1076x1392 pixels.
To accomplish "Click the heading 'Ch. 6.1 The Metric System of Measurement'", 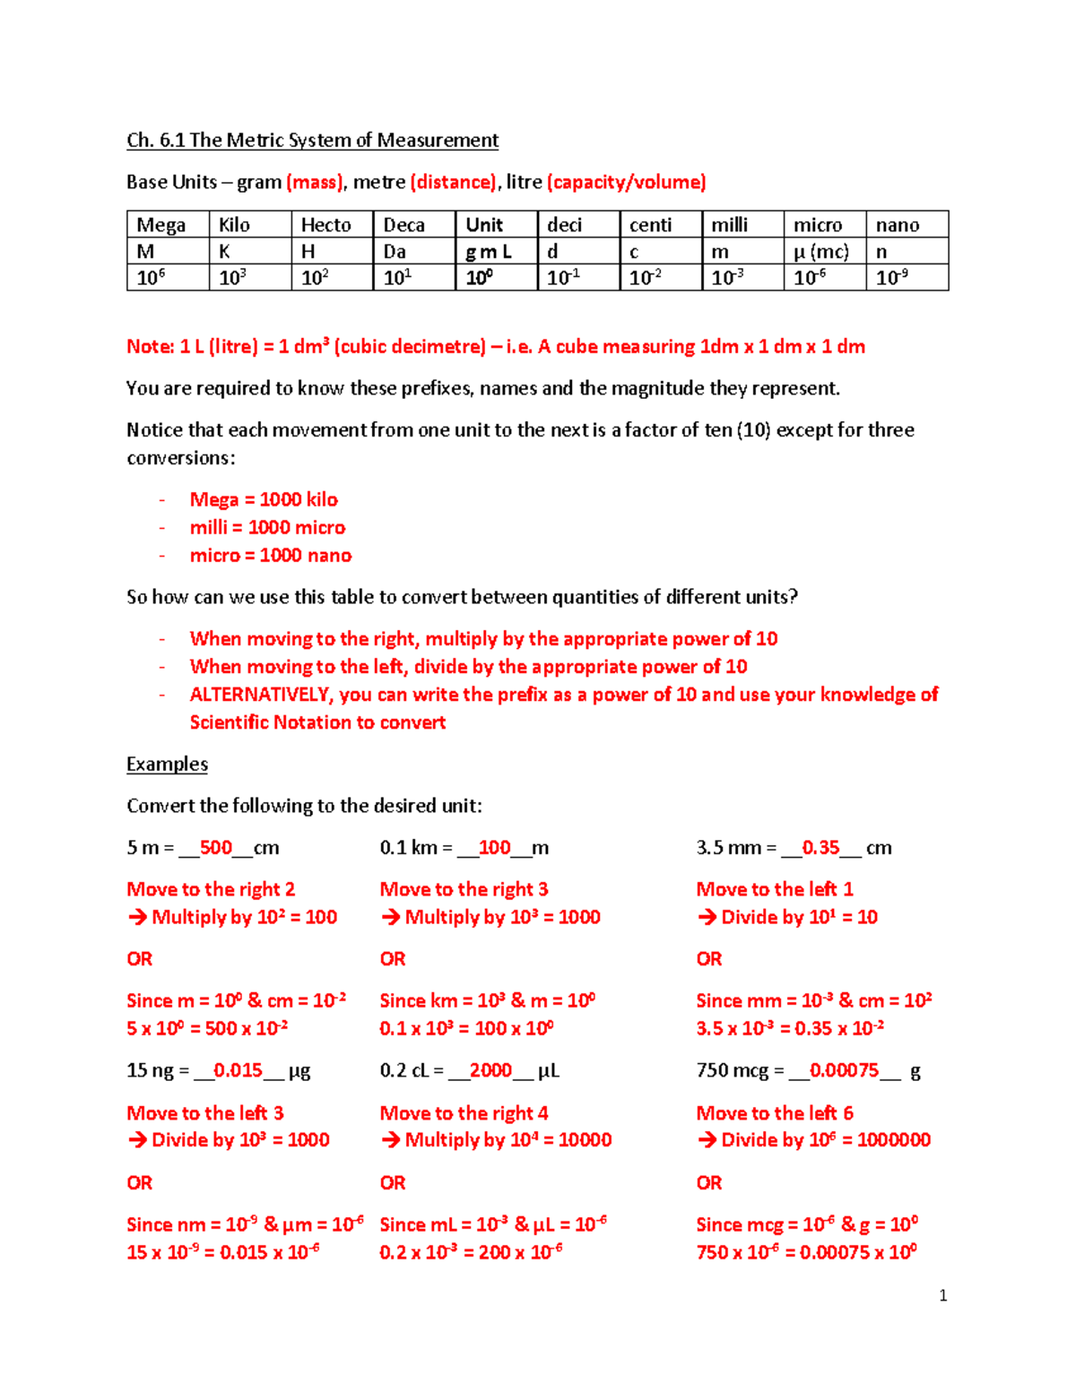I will [x=312, y=141].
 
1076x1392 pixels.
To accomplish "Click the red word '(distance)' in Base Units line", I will [x=453, y=183].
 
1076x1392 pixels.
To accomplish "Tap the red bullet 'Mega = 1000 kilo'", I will [x=264, y=499].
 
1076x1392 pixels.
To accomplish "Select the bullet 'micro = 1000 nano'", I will [x=271, y=556].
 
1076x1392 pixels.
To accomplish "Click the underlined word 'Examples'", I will [x=167, y=765].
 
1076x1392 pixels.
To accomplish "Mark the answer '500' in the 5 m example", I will [x=216, y=848].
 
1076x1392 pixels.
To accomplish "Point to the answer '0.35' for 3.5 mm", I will [x=820, y=848].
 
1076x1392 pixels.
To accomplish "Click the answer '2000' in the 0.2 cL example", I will [x=490, y=1070].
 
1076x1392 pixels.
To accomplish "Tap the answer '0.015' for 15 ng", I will [x=238, y=1070].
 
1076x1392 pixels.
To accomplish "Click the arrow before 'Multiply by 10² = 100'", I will [x=137, y=917].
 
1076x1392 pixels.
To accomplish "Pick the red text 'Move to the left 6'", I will [x=775, y=1113].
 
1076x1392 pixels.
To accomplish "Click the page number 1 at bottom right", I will [x=942, y=1295].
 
